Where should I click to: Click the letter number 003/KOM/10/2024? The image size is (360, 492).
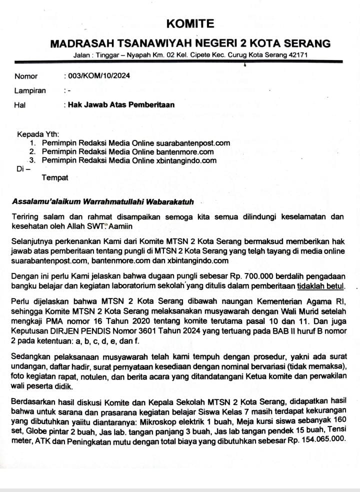click(x=98, y=76)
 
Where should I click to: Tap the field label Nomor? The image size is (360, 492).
click(x=26, y=76)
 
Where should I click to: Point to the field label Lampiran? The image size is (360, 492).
click(x=30, y=91)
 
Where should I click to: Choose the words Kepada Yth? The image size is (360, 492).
click(x=38, y=134)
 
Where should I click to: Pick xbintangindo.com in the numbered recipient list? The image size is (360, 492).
click(x=186, y=160)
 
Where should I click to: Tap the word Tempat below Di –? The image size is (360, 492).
click(x=54, y=177)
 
